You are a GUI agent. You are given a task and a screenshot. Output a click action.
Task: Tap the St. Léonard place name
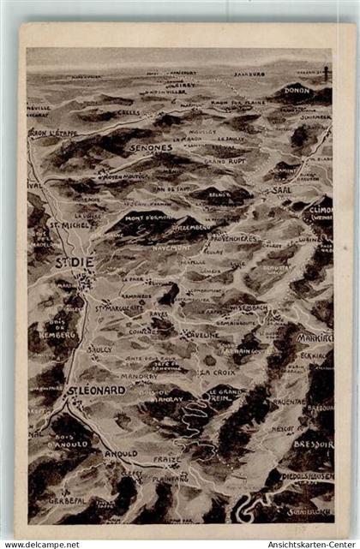pyautogui.click(x=96, y=390)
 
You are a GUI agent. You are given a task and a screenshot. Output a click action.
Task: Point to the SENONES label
pyautogui.click(x=151, y=147)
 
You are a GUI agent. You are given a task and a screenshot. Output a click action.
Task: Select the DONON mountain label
pyautogui.click(x=297, y=88)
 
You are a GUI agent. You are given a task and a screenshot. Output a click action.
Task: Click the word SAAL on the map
pyautogui.click(x=282, y=189)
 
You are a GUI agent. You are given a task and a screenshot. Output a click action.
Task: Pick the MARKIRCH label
pyautogui.click(x=315, y=338)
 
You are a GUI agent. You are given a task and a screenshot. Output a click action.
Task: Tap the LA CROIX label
pyautogui.click(x=218, y=373)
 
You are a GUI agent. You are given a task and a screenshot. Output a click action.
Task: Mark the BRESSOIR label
pyautogui.click(x=313, y=445)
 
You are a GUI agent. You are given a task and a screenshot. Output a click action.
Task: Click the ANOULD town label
pyautogui.click(x=120, y=453)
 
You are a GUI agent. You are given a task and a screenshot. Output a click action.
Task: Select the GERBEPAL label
pyautogui.click(x=68, y=499)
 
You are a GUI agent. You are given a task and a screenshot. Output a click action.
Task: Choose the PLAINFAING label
pyautogui.click(x=170, y=479)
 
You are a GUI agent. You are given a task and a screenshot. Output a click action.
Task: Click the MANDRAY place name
pyautogui.click(x=139, y=375)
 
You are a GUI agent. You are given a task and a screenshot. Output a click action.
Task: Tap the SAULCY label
pyautogui.click(x=99, y=349)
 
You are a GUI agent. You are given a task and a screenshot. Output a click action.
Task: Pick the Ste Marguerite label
pyautogui.click(x=117, y=307)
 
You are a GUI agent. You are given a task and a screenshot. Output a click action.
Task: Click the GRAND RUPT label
pyautogui.click(x=225, y=160)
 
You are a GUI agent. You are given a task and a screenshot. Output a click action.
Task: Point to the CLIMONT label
pyautogui.click(x=321, y=209)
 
